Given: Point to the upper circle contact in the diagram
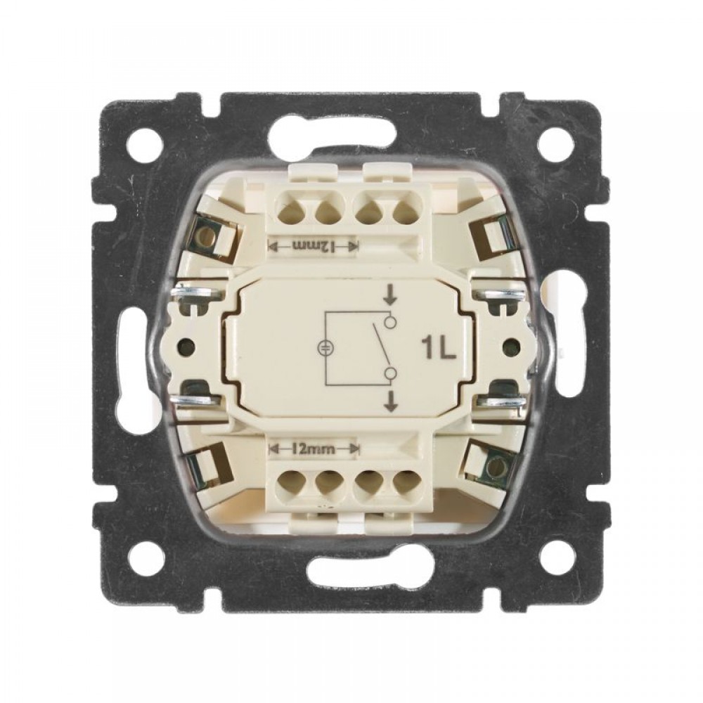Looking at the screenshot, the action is (391, 321).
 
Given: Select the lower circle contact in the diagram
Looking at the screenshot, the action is (391, 373).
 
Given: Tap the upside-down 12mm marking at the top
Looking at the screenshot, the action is (314, 245).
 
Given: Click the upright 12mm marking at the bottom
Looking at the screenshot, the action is (314, 449).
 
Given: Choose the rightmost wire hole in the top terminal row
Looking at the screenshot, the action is (406, 211).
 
